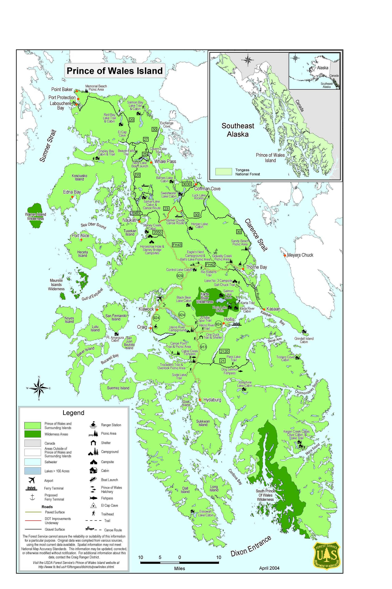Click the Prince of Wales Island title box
115,71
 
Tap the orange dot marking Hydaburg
200,400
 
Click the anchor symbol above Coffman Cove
199,176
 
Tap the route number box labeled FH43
177,245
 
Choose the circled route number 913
203,347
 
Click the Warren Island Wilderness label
35,216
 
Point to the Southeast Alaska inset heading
238,130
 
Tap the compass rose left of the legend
39,388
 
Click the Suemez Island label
118,388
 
